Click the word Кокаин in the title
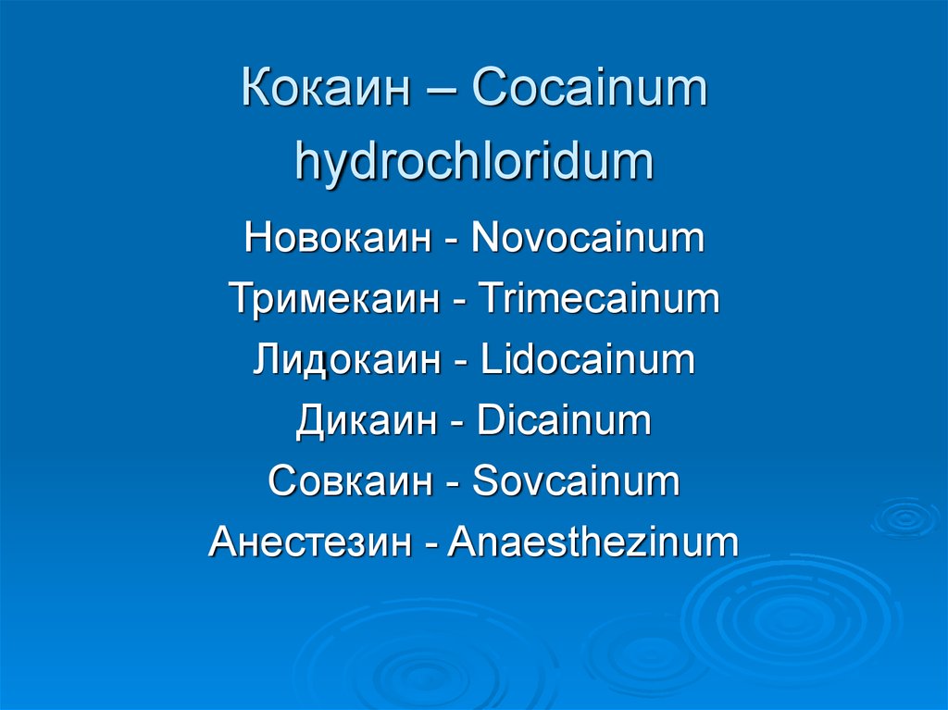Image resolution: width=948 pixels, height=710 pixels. (x=330, y=91)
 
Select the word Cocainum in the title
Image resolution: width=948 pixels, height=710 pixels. (x=589, y=91)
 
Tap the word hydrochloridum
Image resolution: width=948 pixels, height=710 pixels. (x=474, y=162)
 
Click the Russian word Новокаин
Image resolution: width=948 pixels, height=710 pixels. (x=338, y=238)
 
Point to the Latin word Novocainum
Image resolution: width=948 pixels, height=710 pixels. (x=587, y=238)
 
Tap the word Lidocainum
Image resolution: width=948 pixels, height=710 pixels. (x=588, y=360)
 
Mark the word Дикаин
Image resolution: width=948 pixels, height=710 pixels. (x=367, y=421)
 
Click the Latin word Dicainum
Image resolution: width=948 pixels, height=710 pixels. (x=564, y=421)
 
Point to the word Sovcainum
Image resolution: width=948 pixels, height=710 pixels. (x=576, y=482)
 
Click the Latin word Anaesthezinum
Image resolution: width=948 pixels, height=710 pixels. (x=593, y=542)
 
